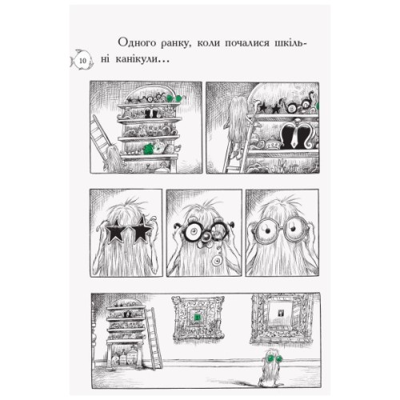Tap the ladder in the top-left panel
click(x=101, y=140)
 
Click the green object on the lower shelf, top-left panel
click(x=148, y=148)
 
